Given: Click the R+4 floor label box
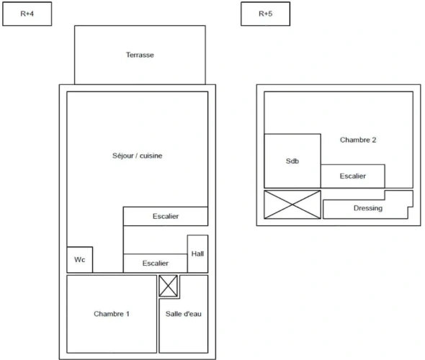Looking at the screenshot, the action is click(x=27, y=14).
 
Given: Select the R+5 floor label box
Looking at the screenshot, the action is click(x=265, y=14).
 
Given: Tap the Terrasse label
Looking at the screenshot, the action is click(x=140, y=55).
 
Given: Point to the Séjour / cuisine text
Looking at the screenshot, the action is click(x=137, y=156).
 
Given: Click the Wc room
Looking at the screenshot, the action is click(x=80, y=259).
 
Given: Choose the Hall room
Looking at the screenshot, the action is click(x=197, y=254).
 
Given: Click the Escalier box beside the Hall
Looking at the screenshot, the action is click(x=156, y=264).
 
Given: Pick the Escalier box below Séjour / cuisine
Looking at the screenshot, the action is click(x=166, y=216).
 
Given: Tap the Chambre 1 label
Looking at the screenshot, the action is click(x=112, y=314).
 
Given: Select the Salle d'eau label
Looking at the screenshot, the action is click(x=184, y=314).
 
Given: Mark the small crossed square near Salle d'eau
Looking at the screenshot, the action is click(x=169, y=286).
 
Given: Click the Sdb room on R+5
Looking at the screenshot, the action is click(x=292, y=161).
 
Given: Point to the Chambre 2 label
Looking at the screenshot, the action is click(x=358, y=140).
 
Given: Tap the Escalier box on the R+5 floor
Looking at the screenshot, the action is click(x=353, y=176).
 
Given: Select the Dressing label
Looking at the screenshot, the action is click(x=368, y=208).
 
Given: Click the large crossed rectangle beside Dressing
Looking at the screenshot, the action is click(x=292, y=204).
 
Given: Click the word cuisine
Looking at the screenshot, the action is click(x=151, y=156).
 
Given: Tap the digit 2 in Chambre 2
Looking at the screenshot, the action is click(x=374, y=140).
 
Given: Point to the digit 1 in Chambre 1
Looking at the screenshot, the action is click(x=127, y=314).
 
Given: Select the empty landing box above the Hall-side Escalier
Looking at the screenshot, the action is click(x=156, y=240).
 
